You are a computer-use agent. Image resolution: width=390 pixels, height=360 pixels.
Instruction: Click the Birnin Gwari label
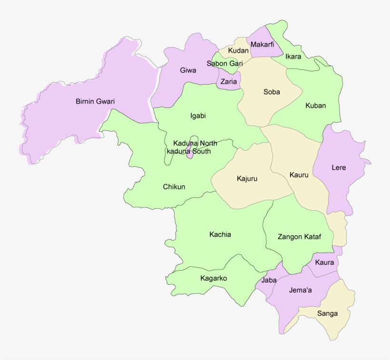click(x=95, y=101)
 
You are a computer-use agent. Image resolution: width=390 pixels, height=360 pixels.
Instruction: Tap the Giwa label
click(x=188, y=70)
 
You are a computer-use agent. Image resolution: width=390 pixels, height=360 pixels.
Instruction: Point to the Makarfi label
click(x=262, y=45)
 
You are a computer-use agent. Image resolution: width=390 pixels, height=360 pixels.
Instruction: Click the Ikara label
click(x=293, y=57)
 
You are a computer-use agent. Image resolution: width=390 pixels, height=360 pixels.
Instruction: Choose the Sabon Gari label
click(x=224, y=63)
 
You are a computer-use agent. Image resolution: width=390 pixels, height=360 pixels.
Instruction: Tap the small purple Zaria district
click(x=228, y=82)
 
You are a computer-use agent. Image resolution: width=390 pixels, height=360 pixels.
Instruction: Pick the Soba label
click(x=272, y=92)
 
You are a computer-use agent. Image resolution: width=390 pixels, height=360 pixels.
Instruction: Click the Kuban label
click(x=315, y=106)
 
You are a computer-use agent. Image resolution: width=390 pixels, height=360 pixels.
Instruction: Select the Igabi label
click(x=198, y=116)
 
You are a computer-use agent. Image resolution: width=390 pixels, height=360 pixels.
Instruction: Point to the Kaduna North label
click(x=195, y=143)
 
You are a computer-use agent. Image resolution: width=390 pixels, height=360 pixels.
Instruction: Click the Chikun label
click(x=174, y=187)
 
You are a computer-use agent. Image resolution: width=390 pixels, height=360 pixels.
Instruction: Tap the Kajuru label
click(x=247, y=179)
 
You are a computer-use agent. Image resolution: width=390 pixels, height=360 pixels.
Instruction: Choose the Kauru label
click(x=299, y=175)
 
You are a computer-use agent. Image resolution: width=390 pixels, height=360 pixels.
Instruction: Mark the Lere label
click(x=339, y=168)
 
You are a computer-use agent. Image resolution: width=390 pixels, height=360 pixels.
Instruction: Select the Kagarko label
click(x=214, y=278)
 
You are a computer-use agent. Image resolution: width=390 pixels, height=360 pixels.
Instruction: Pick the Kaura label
click(x=324, y=263)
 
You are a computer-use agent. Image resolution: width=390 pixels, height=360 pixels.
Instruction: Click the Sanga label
click(x=327, y=313)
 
